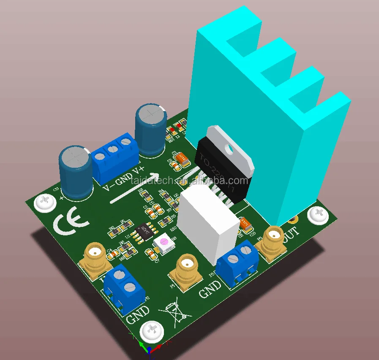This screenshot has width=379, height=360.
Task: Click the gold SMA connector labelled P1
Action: tap(186, 270)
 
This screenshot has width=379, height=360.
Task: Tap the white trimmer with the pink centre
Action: tap(164, 244)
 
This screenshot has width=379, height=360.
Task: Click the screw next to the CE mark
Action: tap(45, 203)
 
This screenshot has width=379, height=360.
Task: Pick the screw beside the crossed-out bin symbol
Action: tap(152, 331)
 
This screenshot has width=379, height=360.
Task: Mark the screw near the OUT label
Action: tap(318, 215)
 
